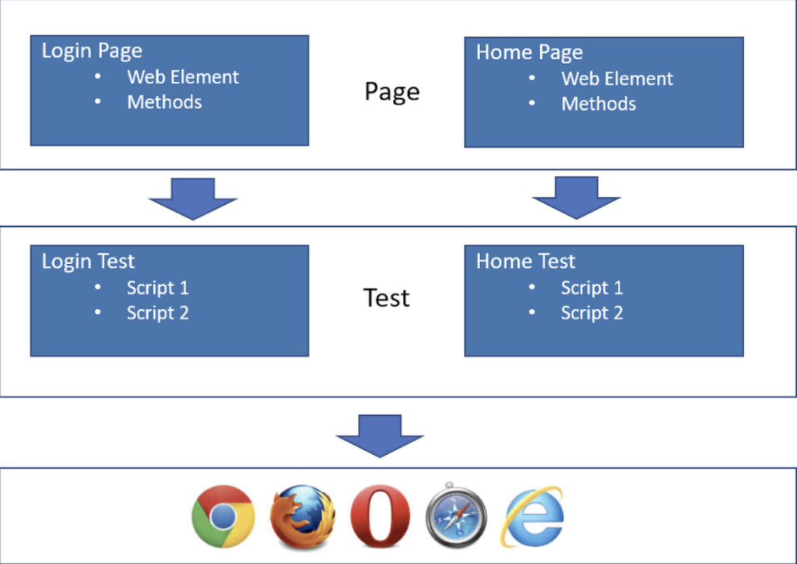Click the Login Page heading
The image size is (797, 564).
point(92,51)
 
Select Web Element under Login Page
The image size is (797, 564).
point(183,77)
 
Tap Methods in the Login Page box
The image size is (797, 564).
point(164,102)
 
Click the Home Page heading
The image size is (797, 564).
point(529,53)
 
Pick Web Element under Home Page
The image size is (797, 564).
point(617,79)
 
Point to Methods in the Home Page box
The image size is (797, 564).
point(599,104)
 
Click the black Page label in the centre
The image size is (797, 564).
point(391,92)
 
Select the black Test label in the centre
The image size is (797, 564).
point(387,298)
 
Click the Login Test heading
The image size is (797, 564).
point(88,261)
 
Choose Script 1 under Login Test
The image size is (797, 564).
point(157,287)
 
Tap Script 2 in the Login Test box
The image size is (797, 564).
point(157,312)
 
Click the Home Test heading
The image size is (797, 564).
point(525,261)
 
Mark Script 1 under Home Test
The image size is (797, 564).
point(592,287)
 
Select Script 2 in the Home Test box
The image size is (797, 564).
point(592,312)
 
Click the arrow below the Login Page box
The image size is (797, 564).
point(192,198)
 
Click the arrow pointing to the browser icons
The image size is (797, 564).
point(380,435)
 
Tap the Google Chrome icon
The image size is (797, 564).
point(223,516)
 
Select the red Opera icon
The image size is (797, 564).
point(380,516)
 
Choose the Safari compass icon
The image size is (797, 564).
point(455,516)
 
